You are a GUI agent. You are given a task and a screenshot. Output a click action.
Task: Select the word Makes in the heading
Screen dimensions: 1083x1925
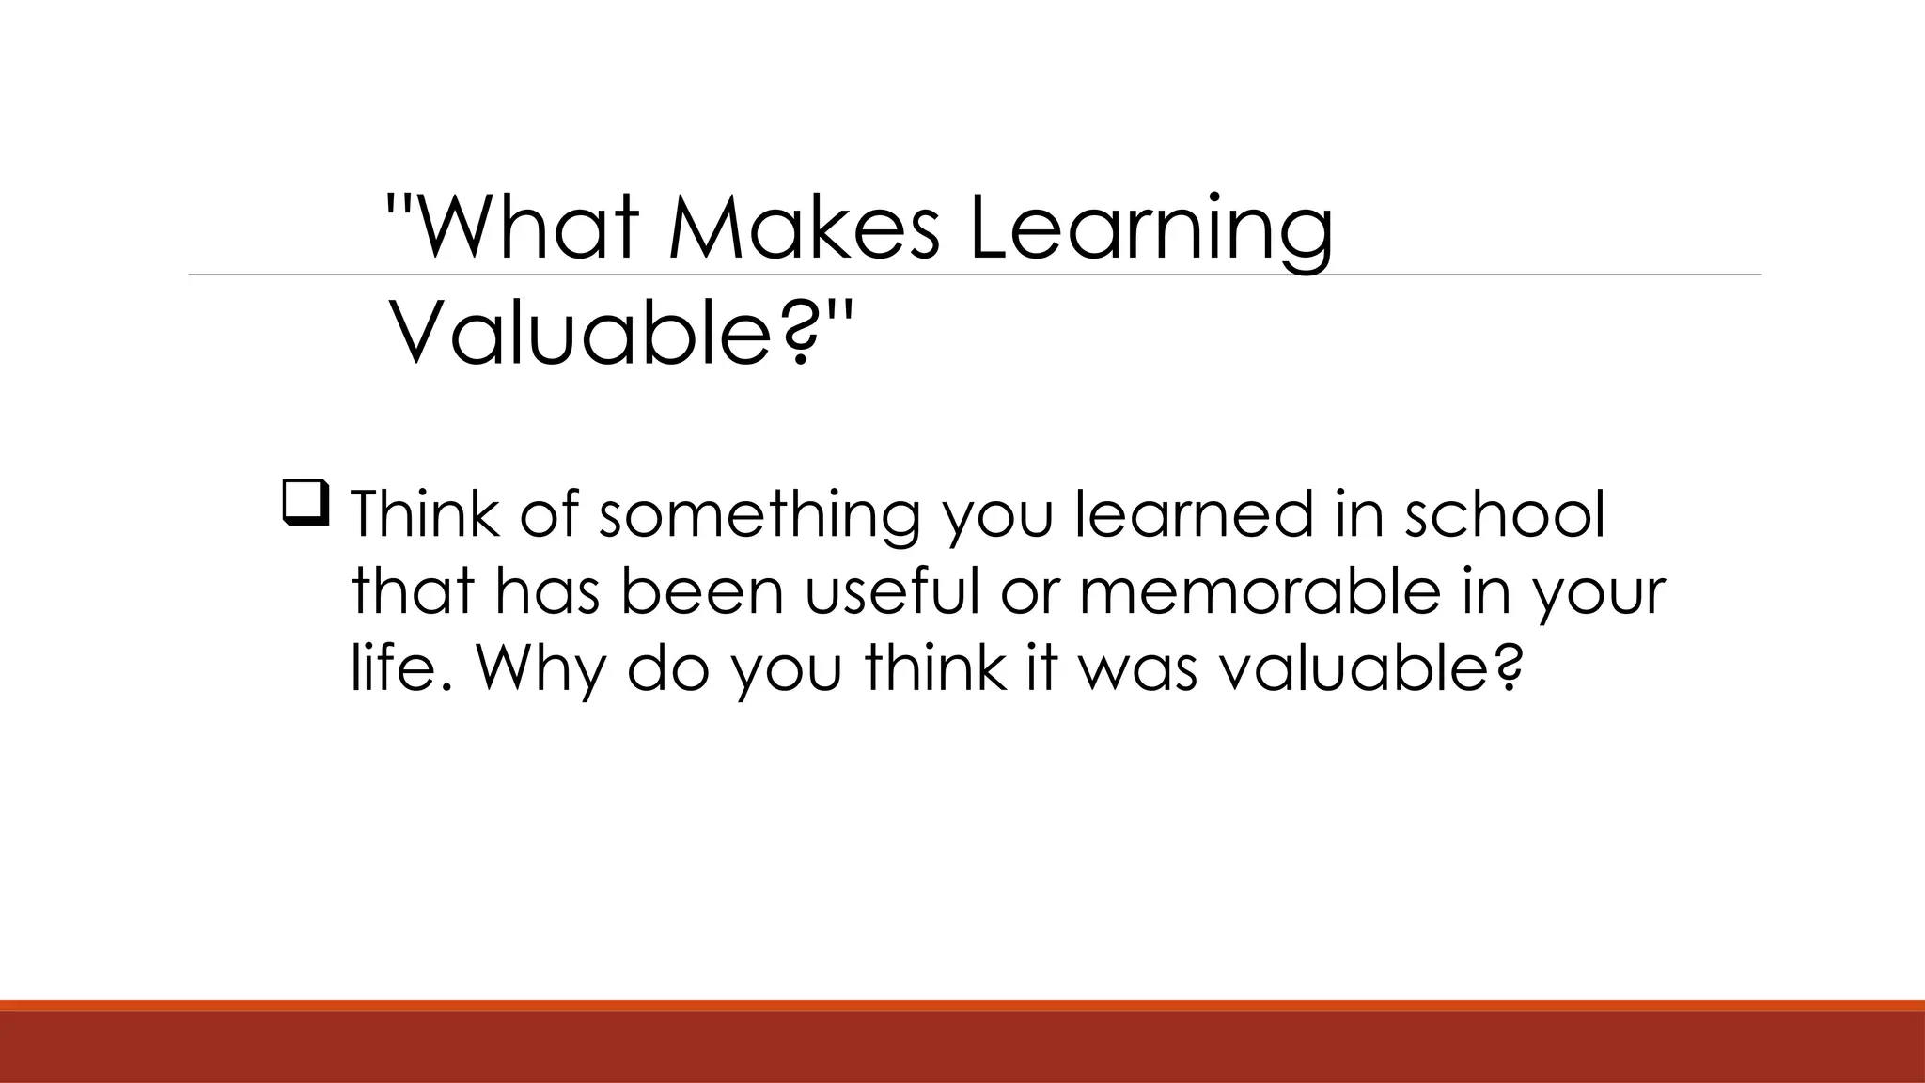point(804,228)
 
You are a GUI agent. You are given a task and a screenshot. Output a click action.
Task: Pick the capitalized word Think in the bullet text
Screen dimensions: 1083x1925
point(424,514)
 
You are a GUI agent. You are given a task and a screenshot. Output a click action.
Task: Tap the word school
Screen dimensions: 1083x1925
point(1504,514)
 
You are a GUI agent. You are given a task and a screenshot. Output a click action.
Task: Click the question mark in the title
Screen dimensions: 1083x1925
point(799,336)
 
